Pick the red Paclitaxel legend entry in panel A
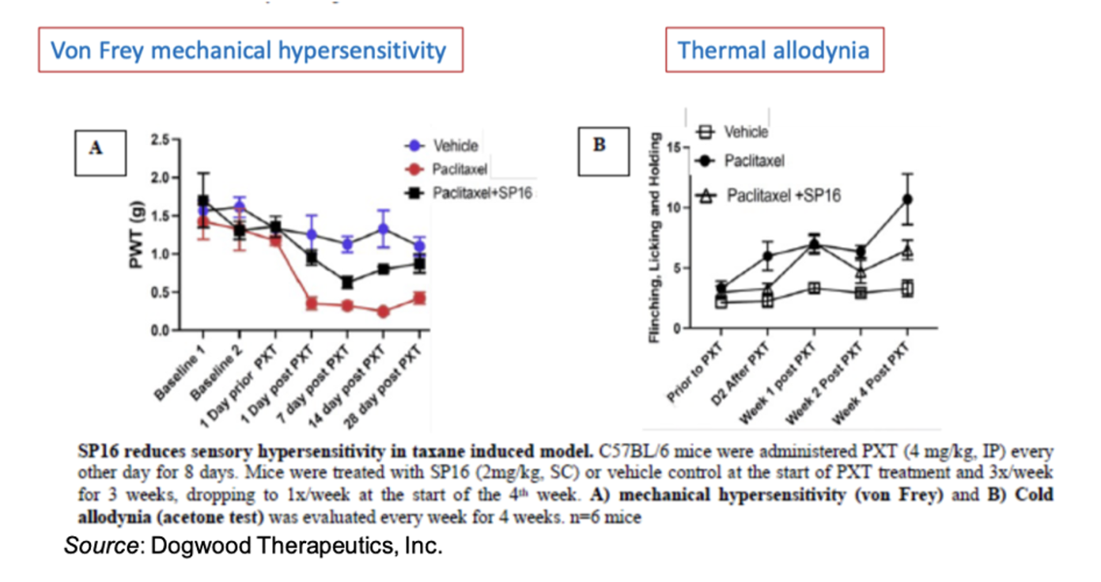(x=445, y=169)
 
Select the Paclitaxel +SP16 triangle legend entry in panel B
(x=767, y=195)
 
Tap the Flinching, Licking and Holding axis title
(x=655, y=236)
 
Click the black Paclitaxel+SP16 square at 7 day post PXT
(x=346, y=282)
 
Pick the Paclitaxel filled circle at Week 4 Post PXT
(x=908, y=198)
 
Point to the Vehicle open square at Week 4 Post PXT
(x=908, y=289)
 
